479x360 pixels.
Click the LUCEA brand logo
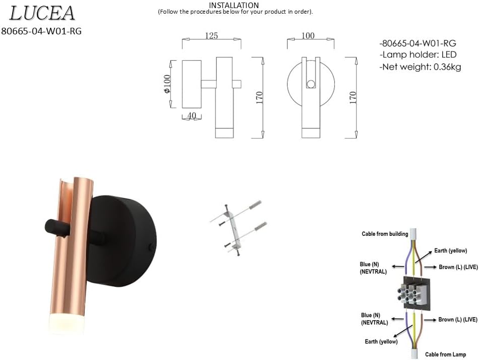[x=42, y=14]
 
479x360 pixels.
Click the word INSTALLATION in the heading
[x=234, y=5]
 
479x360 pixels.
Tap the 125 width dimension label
[x=211, y=36]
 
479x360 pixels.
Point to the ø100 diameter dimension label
[x=167, y=84]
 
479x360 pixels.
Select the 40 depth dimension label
[x=191, y=116]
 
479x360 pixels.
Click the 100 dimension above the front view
[x=308, y=36]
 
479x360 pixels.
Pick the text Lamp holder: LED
[x=418, y=55]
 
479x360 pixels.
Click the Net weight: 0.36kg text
[x=420, y=67]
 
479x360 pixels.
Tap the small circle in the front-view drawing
[x=311, y=84]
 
